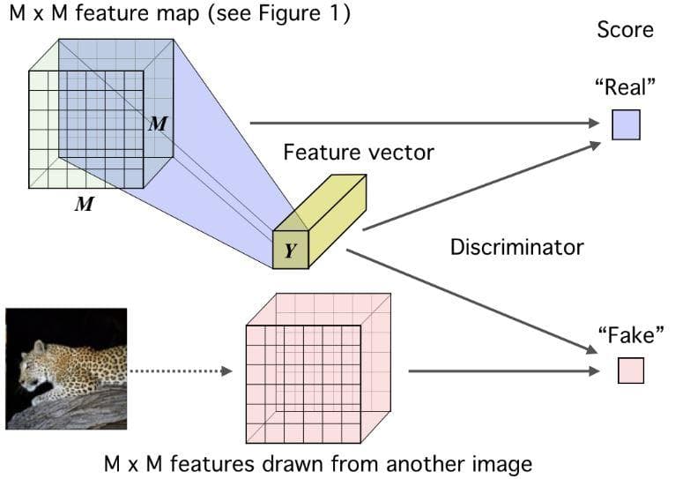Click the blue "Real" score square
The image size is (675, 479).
coord(626,125)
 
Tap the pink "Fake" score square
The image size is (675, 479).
coord(631,370)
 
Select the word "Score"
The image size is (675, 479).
coord(625,30)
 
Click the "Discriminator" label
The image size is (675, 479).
coord(517,247)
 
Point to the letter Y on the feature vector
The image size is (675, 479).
coord(291,251)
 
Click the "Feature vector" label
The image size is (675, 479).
coord(359,153)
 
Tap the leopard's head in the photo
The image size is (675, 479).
coord(33,362)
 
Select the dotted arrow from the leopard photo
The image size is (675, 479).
coord(181,370)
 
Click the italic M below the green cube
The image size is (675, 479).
coord(84,204)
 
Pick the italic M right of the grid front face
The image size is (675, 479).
coord(158,124)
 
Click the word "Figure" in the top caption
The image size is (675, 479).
coord(289,14)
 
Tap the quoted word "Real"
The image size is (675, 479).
coord(625,87)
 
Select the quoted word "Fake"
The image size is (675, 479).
coord(631,334)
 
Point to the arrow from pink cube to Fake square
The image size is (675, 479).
coord(504,370)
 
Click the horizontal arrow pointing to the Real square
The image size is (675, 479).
coord(425,123)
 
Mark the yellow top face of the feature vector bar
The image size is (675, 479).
coord(320,203)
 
